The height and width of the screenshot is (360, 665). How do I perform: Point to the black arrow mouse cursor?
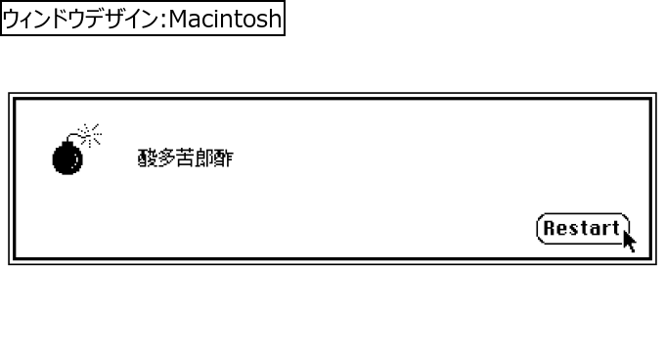tap(629, 239)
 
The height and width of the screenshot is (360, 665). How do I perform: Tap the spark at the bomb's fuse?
tap(90, 133)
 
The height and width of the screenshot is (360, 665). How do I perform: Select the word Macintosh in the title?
tap(225, 19)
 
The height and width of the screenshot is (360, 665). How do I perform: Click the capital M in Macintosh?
tap(179, 19)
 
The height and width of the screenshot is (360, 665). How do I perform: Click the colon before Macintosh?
tap(164, 20)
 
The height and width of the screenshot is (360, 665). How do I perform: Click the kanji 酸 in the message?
tap(147, 158)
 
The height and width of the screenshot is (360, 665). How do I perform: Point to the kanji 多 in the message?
tap(166, 158)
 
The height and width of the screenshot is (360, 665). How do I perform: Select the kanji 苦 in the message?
tap(185, 158)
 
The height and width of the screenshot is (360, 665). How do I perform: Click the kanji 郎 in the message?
tap(204, 158)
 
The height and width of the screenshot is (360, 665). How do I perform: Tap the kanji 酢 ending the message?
tap(224, 158)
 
